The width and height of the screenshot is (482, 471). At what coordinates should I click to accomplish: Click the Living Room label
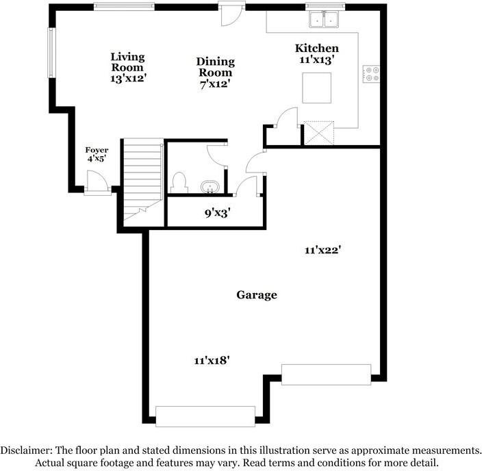tap(128, 67)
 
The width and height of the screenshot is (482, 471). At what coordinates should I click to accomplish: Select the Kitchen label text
tap(316, 53)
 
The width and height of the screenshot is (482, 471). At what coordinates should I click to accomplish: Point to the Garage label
tap(257, 295)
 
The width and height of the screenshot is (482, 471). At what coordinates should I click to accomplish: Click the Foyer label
tap(97, 154)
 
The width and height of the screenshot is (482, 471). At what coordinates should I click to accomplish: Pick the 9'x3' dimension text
tap(216, 213)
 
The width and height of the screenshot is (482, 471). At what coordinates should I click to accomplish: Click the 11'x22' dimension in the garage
tap(323, 251)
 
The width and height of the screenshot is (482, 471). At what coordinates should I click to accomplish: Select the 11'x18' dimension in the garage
tap(211, 360)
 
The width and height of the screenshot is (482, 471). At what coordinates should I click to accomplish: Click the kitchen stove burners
tap(372, 73)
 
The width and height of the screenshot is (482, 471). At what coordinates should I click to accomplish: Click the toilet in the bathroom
tap(180, 182)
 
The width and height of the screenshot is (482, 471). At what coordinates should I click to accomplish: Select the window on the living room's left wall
tap(51, 53)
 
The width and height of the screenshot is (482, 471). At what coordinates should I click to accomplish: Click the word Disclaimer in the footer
tap(25, 450)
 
